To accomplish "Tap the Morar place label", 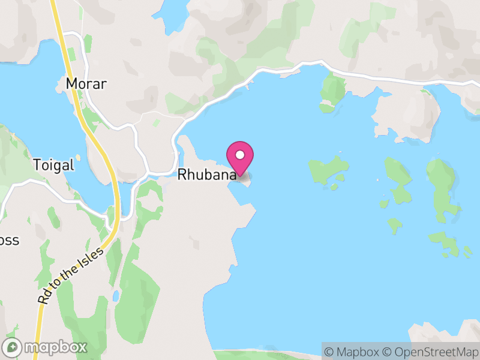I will click(86, 84).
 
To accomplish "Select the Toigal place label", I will click(53, 165).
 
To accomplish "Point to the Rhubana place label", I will click(206, 175).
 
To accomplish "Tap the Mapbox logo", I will click(46, 347).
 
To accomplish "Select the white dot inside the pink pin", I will click(240, 155).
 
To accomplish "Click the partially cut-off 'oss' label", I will click(10, 241).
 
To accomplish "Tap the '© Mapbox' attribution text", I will click(355, 351).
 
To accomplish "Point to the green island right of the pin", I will click(327, 169).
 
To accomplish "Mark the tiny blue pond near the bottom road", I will click(115, 296).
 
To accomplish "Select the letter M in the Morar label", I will click(73, 84).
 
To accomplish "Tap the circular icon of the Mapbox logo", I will click(13, 347).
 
